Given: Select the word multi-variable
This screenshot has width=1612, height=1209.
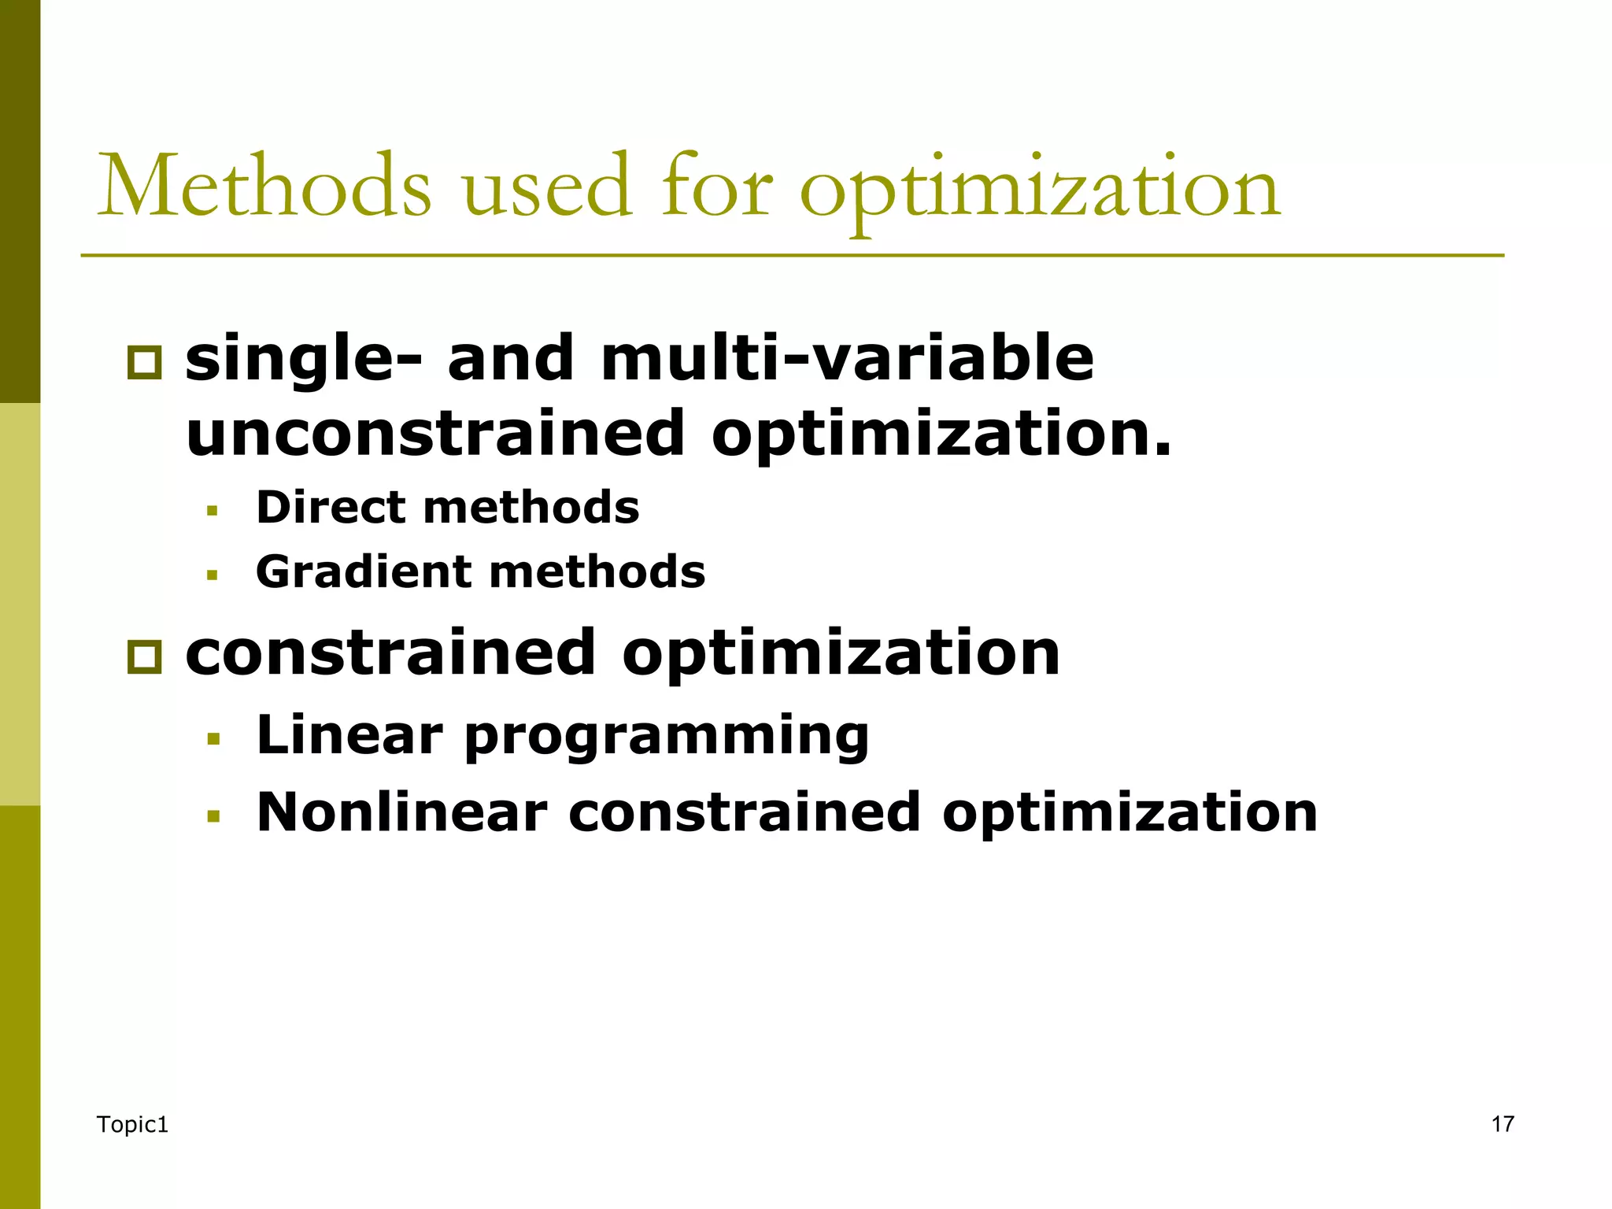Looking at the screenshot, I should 847,358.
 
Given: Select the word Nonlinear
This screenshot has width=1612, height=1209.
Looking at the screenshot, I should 401,812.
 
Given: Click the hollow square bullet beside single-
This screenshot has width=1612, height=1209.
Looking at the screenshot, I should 144,363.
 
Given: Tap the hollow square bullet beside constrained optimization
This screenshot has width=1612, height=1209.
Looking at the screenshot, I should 144,656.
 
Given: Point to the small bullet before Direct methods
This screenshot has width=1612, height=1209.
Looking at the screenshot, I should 212,511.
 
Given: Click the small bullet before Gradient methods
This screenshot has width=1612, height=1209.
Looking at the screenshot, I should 212,575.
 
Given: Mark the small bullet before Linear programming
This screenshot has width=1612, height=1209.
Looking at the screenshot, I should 213,739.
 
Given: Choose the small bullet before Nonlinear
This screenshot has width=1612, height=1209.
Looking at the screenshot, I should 213,816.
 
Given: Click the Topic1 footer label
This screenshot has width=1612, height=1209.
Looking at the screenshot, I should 132,1125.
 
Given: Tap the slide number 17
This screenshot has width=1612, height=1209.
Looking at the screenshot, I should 1503,1124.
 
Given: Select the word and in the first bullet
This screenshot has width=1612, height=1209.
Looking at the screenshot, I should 510,358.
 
